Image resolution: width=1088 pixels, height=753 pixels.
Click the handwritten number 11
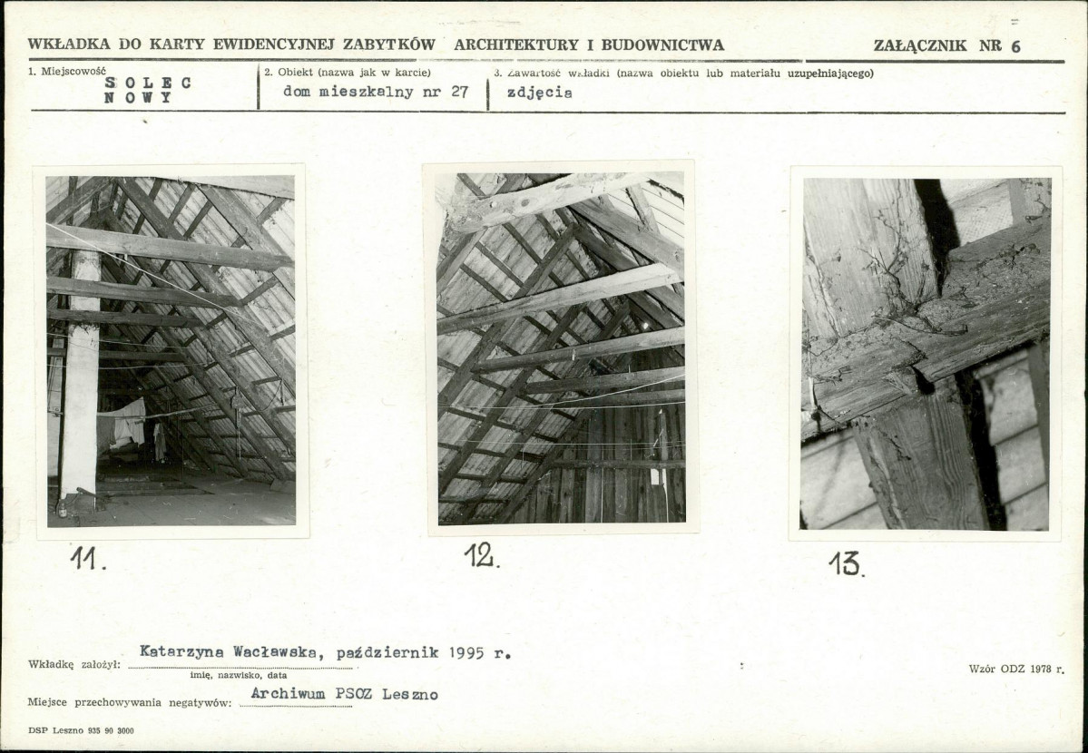pos(87,558)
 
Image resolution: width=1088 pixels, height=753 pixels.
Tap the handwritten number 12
pos(482,555)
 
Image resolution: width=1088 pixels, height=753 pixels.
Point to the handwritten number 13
pos(846,563)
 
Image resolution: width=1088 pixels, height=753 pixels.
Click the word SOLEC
pos(148,83)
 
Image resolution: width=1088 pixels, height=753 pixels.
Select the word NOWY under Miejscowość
pos(137,98)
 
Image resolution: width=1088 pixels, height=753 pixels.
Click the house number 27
pos(459,92)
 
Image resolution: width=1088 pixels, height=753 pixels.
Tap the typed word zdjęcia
pos(539,93)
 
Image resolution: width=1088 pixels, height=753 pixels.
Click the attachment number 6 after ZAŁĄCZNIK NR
pos(1015,46)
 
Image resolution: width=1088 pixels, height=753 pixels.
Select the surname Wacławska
pos(276,652)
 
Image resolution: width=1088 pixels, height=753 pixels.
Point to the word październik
pos(387,653)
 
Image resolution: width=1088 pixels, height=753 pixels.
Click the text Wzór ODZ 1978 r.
pos(1016,669)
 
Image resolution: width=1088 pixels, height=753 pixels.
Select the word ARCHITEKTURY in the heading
pos(516,45)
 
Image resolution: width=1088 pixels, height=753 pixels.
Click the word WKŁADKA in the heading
pos(69,44)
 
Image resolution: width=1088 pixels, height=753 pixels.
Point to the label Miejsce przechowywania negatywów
pos(129,702)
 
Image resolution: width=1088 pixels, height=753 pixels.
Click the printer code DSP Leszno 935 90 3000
pos(81,731)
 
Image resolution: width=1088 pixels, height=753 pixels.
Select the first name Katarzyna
pos(181,651)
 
